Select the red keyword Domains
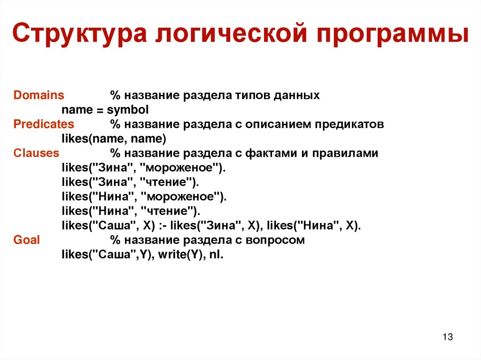(x=39, y=95)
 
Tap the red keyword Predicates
(x=44, y=124)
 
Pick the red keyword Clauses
(x=37, y=153)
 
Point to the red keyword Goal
(x=27, y=240)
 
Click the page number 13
(x=447, y=337)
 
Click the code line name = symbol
(x=105, y=110)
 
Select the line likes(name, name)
(x=114, y=139)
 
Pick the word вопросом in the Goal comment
(x=280, y=240)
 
